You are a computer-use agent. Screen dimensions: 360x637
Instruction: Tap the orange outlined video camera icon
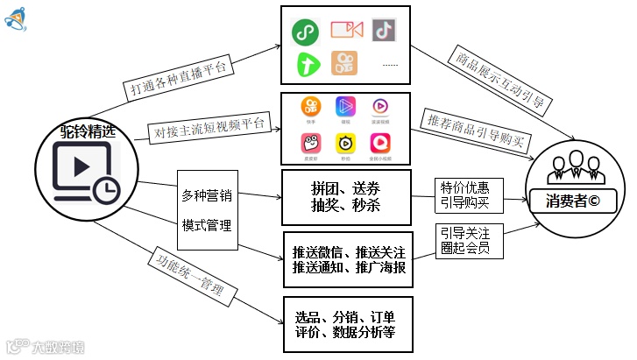[x=346, y=30]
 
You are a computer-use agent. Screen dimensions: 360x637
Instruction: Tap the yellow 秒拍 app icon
[x=345, y=144]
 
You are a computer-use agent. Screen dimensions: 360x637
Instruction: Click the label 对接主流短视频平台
[x=209, y=125]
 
